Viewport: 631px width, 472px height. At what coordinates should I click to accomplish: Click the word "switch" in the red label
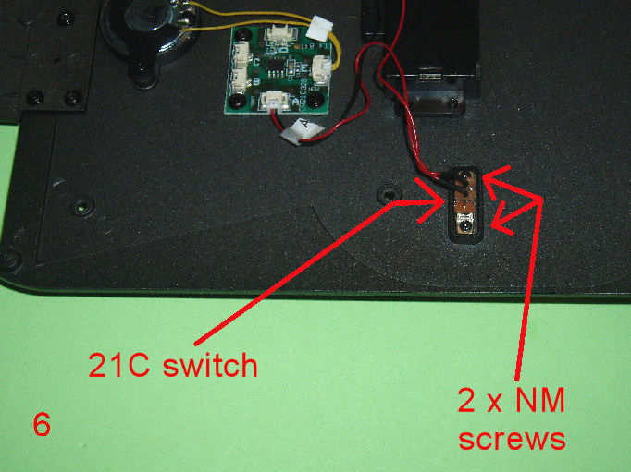(x=210, y=365)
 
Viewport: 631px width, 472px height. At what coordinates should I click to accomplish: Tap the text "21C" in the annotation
(x=119, y=365)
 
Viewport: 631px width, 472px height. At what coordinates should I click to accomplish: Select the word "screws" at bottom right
(x=512, y=439)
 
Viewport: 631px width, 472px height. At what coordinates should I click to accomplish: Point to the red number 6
(x=42, y=424)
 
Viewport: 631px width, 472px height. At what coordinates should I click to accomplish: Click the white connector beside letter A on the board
(x=275, y=100)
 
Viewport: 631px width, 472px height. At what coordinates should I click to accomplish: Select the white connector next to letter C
(x=241, y=54)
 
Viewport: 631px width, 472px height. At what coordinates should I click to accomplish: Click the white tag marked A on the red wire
(x=303, y=131)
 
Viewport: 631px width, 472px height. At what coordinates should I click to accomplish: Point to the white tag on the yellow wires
(x=319, y=27)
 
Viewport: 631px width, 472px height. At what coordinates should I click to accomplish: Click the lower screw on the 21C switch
(x=466, y=226)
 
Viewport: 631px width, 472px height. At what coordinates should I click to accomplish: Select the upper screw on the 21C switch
(x=466, y=176)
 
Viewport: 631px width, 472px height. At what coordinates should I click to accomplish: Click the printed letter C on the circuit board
(x=256, y=62)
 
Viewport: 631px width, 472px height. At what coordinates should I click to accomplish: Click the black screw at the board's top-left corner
(x=241, y=34)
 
